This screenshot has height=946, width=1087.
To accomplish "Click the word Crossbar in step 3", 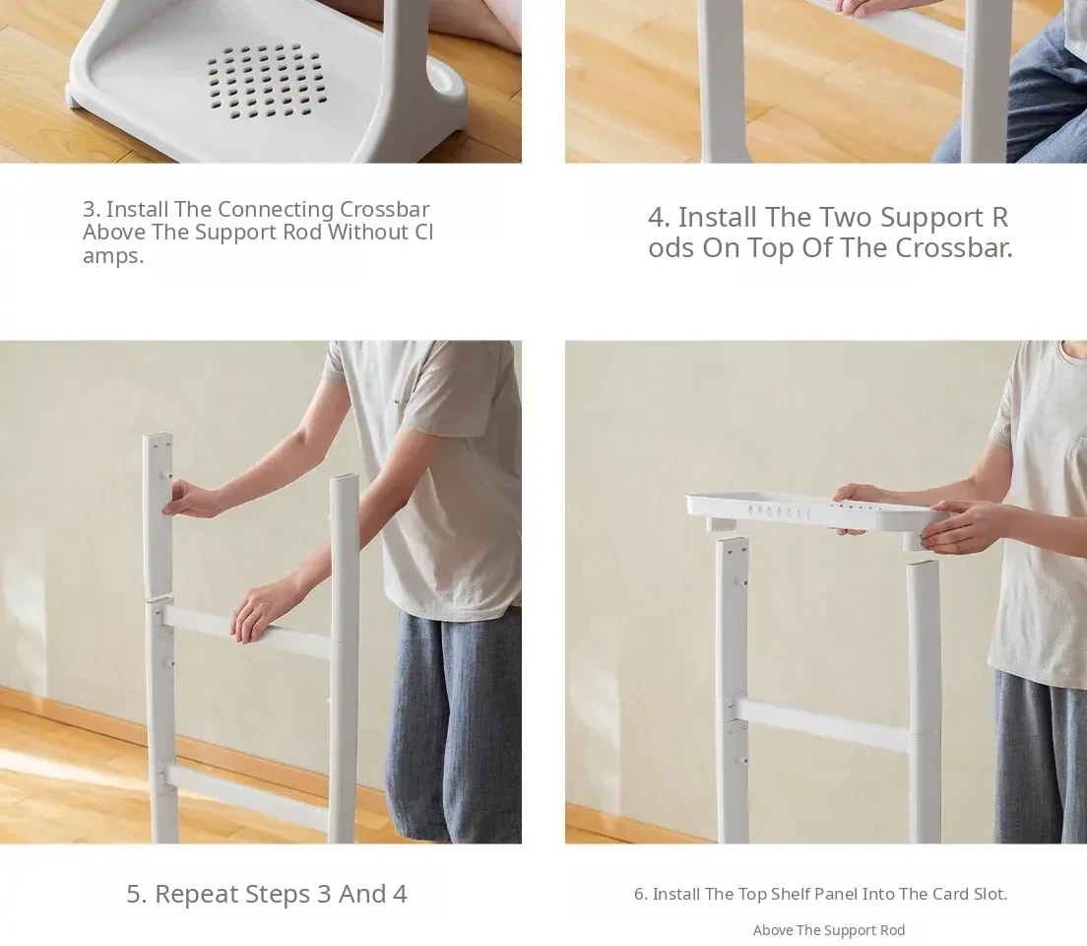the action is coord(384,209).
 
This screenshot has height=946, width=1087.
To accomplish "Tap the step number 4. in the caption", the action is coord(659,217).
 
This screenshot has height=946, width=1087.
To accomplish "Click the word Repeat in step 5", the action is coord(197,894).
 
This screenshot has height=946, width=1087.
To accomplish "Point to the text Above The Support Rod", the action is coord(829,930).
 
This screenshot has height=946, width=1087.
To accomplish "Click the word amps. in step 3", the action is coord(113,256).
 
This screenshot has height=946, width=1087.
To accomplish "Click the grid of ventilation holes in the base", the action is coord(266,81).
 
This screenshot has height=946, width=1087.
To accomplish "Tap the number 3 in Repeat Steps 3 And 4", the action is coord(324,894).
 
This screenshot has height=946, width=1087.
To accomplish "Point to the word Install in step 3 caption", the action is coord(137,209).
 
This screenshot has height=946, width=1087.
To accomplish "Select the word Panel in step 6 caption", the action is coord(830,894).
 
